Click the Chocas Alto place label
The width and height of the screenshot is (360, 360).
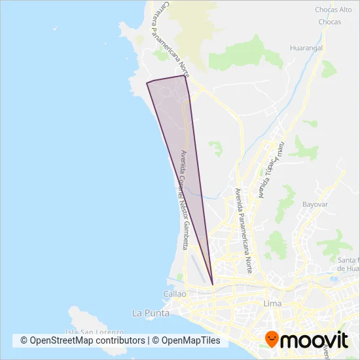(334, 10)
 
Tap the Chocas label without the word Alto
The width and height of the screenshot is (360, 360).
(329, 22)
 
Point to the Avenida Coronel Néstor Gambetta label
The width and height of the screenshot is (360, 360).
(184, 200)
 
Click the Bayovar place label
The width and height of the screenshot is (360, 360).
(314, 204)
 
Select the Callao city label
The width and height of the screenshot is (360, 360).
(175, 295)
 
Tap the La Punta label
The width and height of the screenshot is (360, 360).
(151, 313)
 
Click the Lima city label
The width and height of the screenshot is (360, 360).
(272, 304)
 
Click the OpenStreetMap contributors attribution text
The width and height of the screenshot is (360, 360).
(82, 340)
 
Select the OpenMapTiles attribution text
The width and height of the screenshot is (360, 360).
(190, 340)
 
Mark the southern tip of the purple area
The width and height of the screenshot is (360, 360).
(213, 284)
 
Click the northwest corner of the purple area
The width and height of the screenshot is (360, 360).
(146, 83)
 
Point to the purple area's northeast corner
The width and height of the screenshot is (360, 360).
(184, 75)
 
